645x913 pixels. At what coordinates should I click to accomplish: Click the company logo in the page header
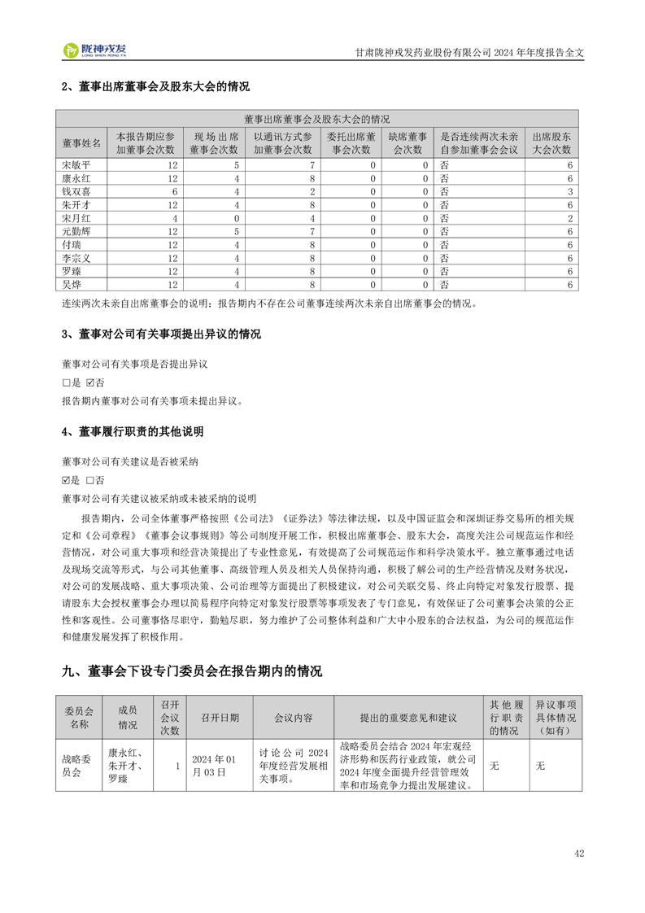click(95, 50)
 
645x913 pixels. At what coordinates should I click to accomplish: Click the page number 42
click(579, 854)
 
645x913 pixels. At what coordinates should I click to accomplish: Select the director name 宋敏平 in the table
click(76, 165)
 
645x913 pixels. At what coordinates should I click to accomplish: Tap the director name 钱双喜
click(76, 192)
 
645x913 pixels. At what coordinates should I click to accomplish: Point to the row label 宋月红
click(76, 219)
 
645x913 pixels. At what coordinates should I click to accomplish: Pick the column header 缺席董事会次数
click(407, 143)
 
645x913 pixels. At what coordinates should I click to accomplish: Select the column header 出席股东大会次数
click(551, 143)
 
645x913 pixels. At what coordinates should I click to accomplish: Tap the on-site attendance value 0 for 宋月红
click(236, 219)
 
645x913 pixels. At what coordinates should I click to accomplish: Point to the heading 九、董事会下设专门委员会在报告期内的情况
click(192, 671)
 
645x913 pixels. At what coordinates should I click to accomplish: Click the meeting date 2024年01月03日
click(213, 766)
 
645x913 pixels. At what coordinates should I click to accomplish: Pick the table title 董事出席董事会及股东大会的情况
click(316, 118)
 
